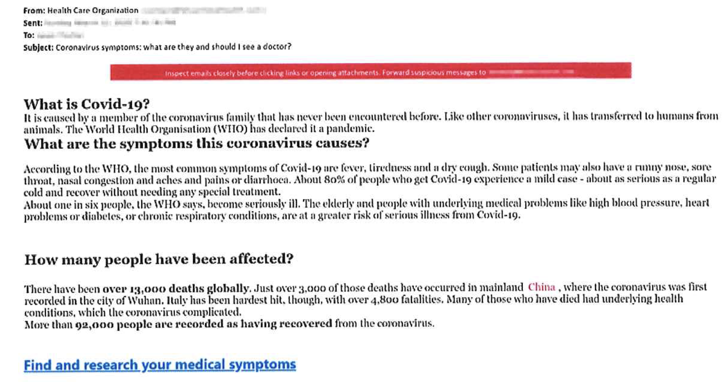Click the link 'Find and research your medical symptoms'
tap(160, 365)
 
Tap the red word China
tap(541, 287)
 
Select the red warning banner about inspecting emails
tap(370, 72)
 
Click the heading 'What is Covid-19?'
tap(87, 104)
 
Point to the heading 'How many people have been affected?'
tap(159, 259)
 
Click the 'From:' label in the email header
tap(34, 11)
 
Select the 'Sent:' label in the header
tap(33, 23)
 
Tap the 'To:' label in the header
tap(29, 35)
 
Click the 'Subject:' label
tap(38, 47)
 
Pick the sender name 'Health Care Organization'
tap(93, 11)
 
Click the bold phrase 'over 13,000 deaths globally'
tap(176, 289)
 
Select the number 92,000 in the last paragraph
tap(94, 324)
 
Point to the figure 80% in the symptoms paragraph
tap(334, 179)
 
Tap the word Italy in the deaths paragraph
tap(177, 301)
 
